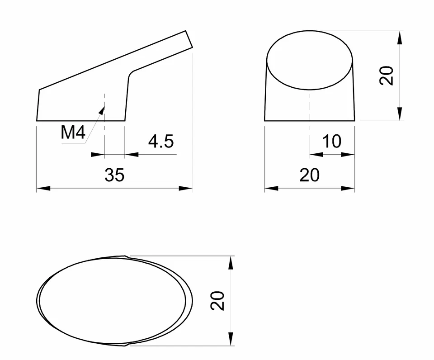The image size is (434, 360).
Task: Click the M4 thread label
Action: pyautogui.click(x=73, y=132)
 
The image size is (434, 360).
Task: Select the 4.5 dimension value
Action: pyautogui.click(x=160, y=142)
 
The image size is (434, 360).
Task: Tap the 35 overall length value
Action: pyautogui.click(x=114, y=175)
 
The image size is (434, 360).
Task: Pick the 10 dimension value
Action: pyautogui.click(x=332, y=142)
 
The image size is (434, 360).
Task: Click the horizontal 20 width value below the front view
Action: pyautogui.click(x=309, y=175)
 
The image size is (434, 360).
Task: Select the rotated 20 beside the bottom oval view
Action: pyautogui.click(x=218, y=301)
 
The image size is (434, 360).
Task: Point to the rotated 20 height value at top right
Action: pyautogui.click(x=387, y=76)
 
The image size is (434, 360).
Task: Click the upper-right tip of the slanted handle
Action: pyautogui.click(x=186, y=32)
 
